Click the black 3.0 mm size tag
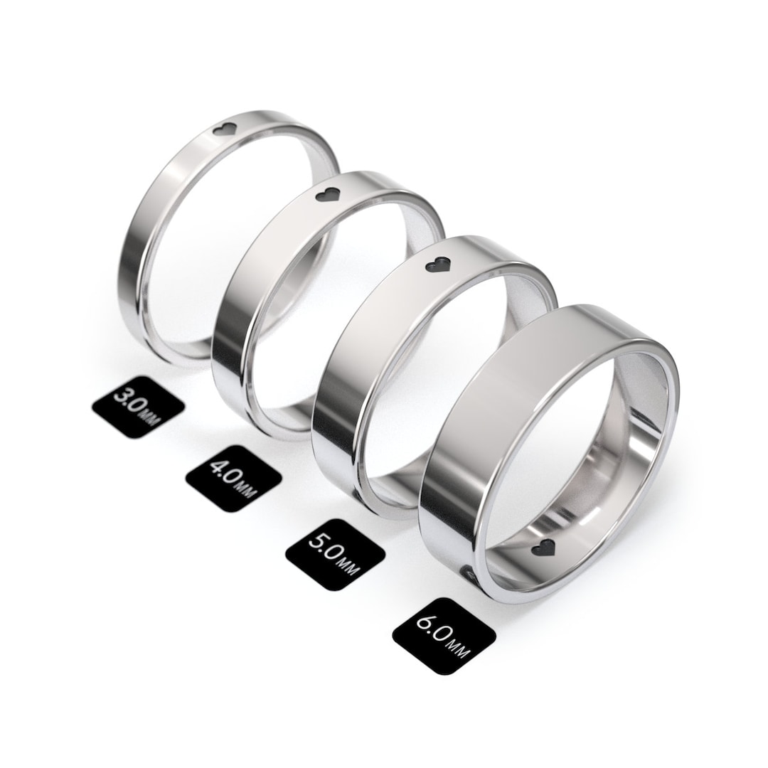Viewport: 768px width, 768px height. tap(138, 407)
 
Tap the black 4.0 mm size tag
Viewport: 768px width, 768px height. tap(233, 481)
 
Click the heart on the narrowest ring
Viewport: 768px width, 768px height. tap(226, 130)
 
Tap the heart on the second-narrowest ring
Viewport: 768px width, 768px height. tap(329, 195)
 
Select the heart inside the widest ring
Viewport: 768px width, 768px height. tap(545, 548)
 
